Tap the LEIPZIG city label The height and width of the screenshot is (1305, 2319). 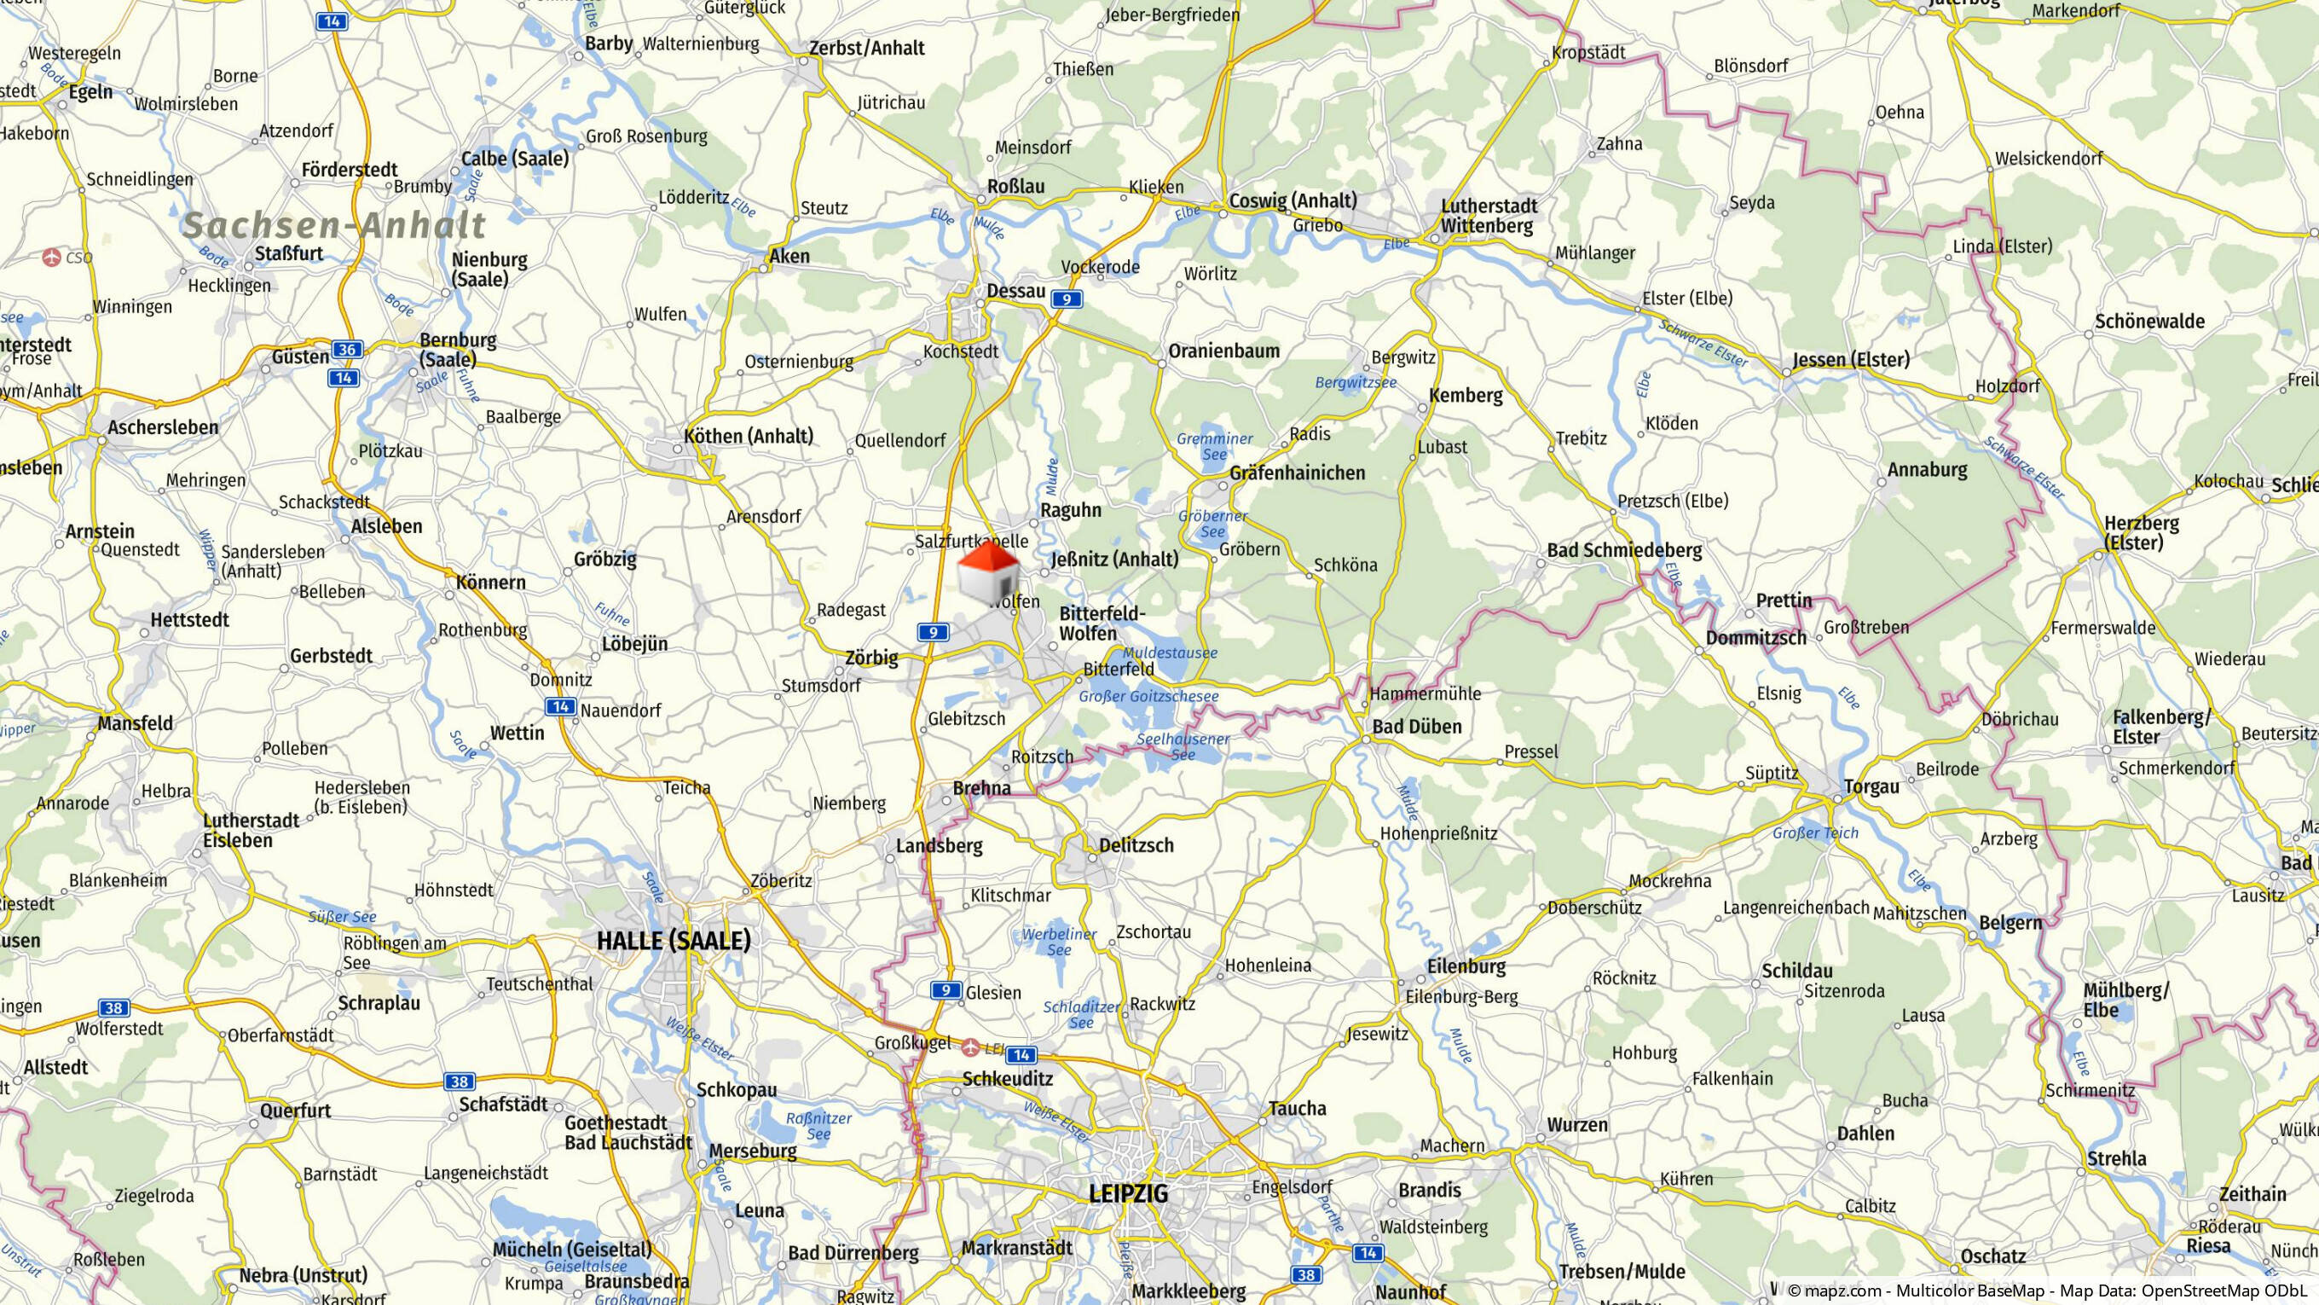pyautogui.click(x=1128, y=1194)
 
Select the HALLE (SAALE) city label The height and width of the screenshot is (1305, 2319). pyautogui.click(x=674, y=941)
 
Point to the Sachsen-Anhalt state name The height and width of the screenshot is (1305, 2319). pyautogui.click(x=333, y=225)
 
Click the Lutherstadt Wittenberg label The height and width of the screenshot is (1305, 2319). pyautogui.click(x=1489, y=216)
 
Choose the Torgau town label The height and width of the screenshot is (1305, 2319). pyautogui.click(x=1871, y=787)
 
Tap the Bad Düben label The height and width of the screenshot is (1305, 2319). pyautogui.click(x=1416, y=727)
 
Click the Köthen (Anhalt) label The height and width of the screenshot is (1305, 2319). pyautogui.click(x=748, y=437)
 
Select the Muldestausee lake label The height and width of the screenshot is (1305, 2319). pyautogui.click(x=1171, y=653)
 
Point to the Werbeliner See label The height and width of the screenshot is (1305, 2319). pyautogui.click(x=1059, y=942)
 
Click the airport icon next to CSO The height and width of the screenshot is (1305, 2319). pyautogui.click(x=51, y=258)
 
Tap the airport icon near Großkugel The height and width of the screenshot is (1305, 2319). pyautogui.click(x=970, y=1047)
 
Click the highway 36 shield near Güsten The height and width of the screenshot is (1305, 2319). pyautogui.click(x=347, y=350)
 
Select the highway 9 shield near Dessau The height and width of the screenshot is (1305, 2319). pyautogui.click(x=1066, y=299)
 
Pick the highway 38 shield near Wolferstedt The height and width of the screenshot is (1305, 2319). pyautogui.click(x=113, y=1008)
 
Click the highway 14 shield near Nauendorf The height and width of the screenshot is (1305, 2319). pyautogui.click(x=561, y=707)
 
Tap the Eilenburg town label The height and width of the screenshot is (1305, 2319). pyautogui.click(x=1466, y=966)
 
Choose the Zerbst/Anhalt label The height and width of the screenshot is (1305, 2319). pyautogui.click(x=866, y=49)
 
